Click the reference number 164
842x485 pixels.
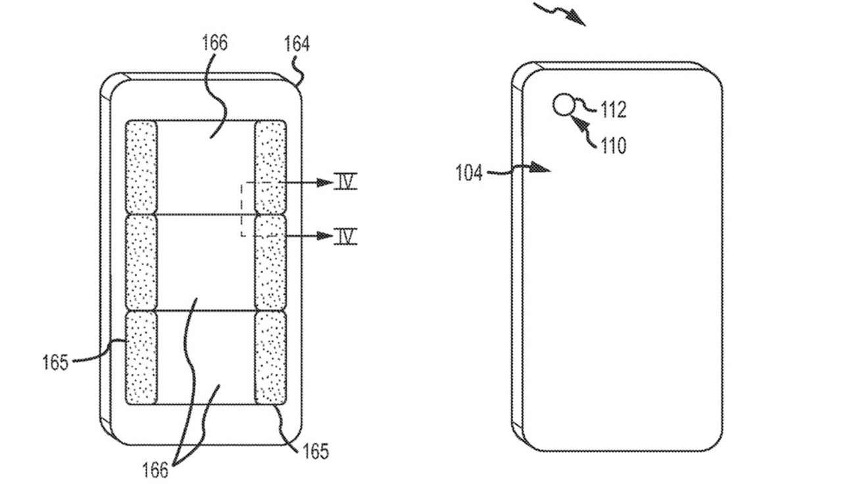[297, 45]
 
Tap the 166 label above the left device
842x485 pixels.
[214, 43]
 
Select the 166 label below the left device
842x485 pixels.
[155, 470]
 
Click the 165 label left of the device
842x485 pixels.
[55, 362]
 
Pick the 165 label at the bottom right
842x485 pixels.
[315, 451]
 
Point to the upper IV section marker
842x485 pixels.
[345, 182]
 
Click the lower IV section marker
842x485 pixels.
[345, 235]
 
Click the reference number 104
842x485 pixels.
[469, 173]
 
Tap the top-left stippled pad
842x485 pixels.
[141, 167]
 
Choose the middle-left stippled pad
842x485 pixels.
[141, 262]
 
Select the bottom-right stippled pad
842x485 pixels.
[270, 357]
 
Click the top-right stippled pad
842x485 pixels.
[270, 167]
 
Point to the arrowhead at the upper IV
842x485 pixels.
[324, 182]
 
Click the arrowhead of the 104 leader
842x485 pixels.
[541, 169]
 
